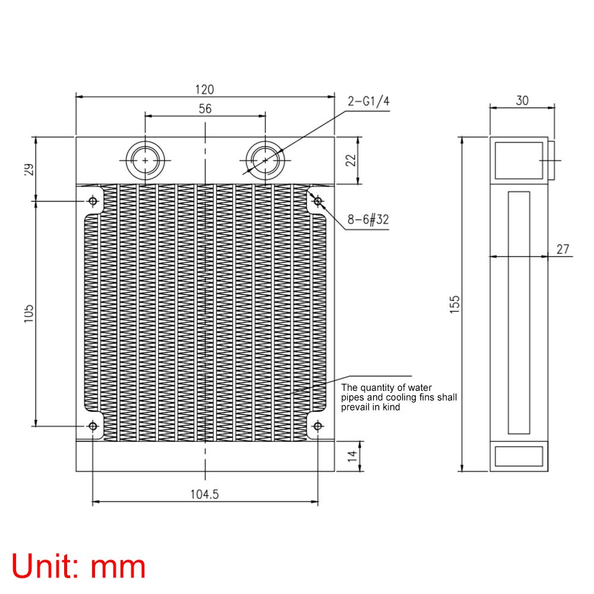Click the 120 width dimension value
click(x=204, y=90)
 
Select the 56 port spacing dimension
click(x=205, y=108)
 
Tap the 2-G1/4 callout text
click(x=368, y=101)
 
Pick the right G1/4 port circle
click(x=264, y=160)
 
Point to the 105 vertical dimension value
click(x=28, y=314)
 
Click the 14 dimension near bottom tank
click(x=352, y=456)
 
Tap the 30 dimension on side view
click(x=522, y=100)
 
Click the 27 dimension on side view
click(x=563, y=249)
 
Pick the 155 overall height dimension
click(x=454, y=304)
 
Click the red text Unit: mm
click(x=79, y=566)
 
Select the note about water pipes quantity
click(x=398, y=397)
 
